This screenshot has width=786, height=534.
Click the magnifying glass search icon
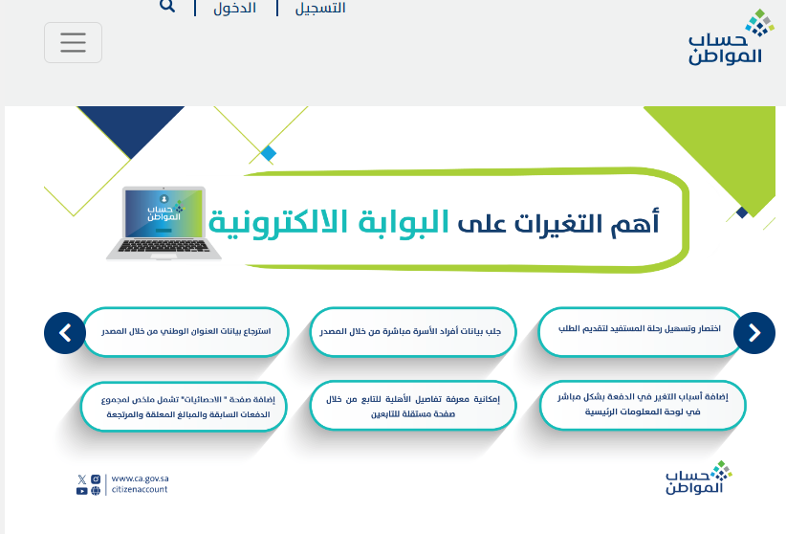(x=167, y=6)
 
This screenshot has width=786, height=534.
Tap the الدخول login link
(x=234, y=8)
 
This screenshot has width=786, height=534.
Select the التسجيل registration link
(x=320, y=8)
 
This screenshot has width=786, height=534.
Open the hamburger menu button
(x=74, y=43)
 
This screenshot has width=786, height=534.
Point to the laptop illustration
(x=164, y=223)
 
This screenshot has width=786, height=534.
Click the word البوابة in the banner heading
(x=404, y=222)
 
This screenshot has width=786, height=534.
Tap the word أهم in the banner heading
(x=635, y=222)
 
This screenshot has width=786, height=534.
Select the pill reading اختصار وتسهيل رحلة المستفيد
(x=640, y=332)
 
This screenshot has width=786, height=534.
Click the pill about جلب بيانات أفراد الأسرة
(x=413, y=332)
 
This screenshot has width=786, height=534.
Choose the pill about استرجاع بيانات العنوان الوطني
(x=186, y=332)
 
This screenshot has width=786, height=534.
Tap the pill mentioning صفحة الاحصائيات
(x=184, y=407)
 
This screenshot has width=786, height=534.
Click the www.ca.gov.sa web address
(x=140, y=478)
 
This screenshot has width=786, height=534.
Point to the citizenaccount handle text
(x=140, y=489)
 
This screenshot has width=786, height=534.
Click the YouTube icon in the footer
(x=81, y=491)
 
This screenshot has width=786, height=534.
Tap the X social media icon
(x=81, y=479)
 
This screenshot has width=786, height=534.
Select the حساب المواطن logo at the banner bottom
(x=699, y=478)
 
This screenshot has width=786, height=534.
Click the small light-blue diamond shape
(x=269, y=153)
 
